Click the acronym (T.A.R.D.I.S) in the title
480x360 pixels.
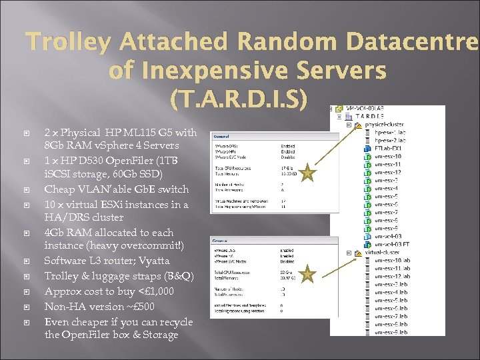[239, 98]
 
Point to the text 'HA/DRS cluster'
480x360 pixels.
[84, 217]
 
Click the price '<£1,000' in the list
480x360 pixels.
[154, 291]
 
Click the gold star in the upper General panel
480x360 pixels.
[307, 174]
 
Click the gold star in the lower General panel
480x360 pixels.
[307, 273]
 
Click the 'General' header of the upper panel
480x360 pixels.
[222, 136]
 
